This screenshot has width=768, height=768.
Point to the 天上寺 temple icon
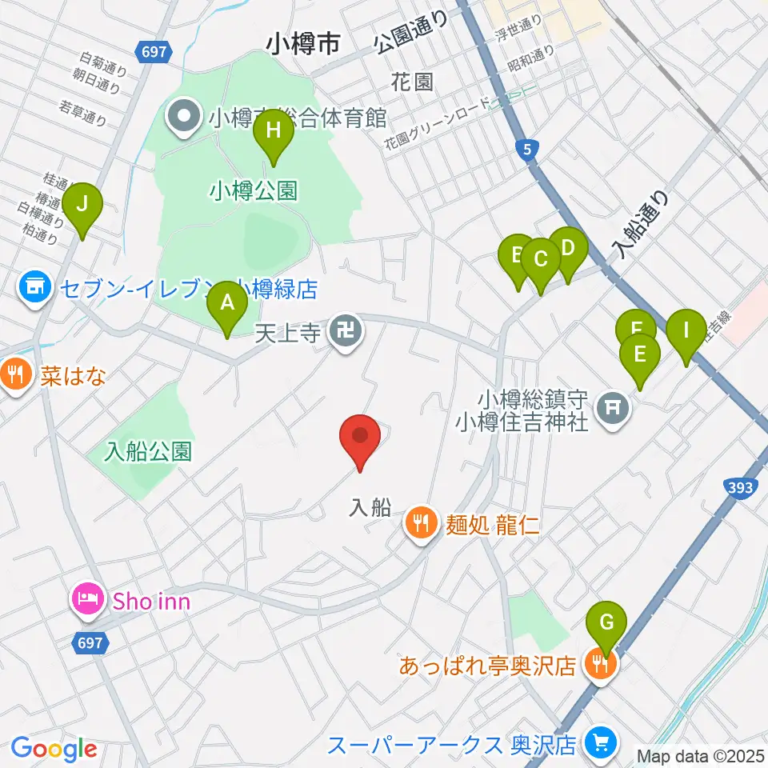tap(346, 330)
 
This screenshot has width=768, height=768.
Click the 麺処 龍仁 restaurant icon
tap(420, 525)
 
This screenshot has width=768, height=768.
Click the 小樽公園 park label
tap(253, 190)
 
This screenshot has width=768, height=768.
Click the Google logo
tap(54, 749)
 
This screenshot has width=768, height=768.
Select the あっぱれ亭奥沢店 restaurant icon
tap(598, 664)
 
